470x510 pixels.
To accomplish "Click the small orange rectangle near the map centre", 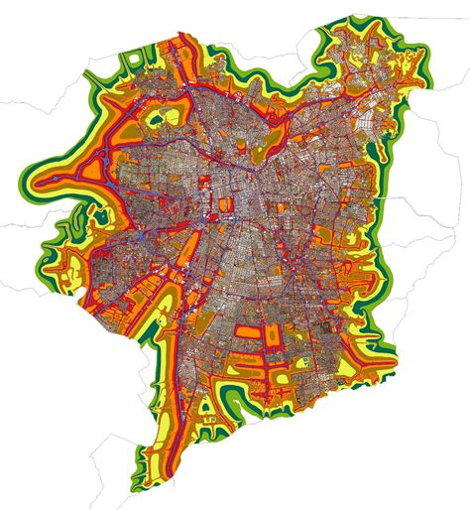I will (x=225, y=206).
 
